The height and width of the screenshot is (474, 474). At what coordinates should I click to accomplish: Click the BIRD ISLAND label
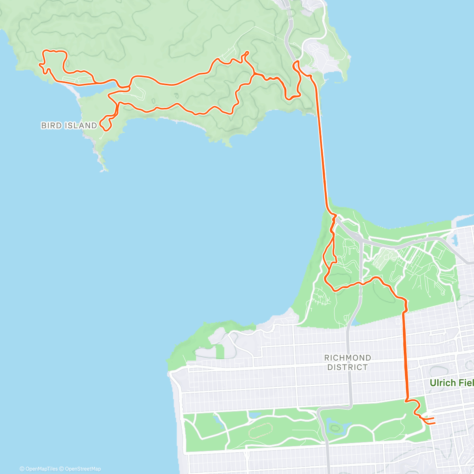pyautogui.click(x=69, y=126)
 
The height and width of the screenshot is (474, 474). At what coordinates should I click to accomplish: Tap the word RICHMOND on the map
pyautogui.click(x=348, y=358)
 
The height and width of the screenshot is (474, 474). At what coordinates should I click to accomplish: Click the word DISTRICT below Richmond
pyautogui.click(x=348, y=367)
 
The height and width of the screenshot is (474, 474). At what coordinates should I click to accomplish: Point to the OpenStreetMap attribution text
pyautogui.click(x=82, y=469)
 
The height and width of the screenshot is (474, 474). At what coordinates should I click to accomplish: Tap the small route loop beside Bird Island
pyautogui.click(x=105, y=124)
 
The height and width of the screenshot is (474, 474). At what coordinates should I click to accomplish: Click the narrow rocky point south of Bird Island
pyautogui.click(x=102, y=162)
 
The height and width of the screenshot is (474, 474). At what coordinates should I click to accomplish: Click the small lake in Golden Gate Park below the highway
pyautogui.click(x=335, y=428)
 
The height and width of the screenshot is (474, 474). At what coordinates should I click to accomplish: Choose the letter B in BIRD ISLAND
pyautogui.click(x=43, y=126)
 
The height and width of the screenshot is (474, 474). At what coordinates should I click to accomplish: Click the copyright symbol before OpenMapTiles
pyautogui.click(x=22, y=469)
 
